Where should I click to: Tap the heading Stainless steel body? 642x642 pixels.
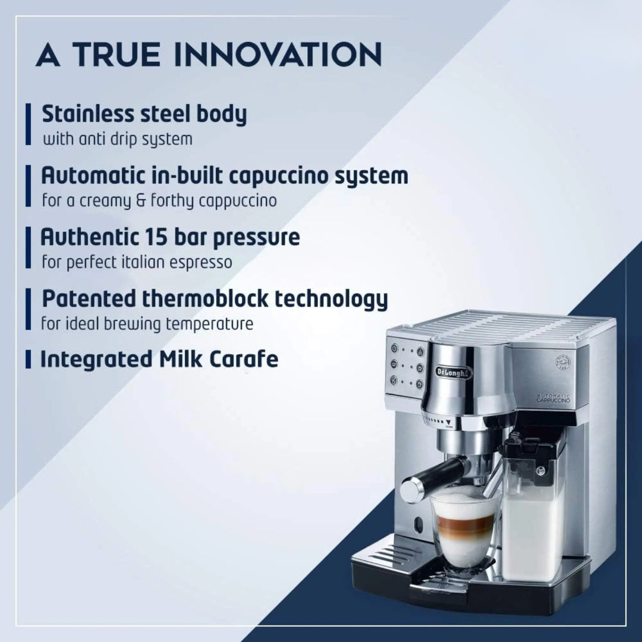coord(144,114)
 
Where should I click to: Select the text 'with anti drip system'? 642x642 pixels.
coord(117,140)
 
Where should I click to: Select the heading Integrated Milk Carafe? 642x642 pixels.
coord(159,359)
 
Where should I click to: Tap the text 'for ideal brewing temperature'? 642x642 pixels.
coord(147,324)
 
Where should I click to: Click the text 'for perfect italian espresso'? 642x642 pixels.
coord(137,262)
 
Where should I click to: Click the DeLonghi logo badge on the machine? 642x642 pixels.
coord(454,372)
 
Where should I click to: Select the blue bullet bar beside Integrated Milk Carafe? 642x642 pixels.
coord(27,359)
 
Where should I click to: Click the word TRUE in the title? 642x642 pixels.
coord(118,55)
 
